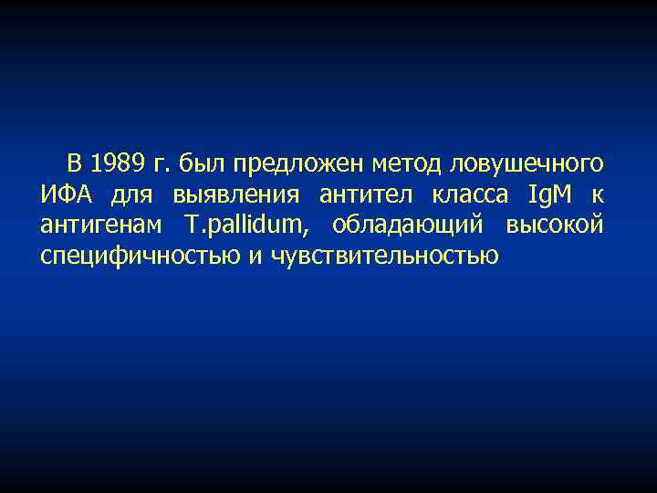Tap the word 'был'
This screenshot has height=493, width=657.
203,164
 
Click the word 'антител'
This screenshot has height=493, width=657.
361,194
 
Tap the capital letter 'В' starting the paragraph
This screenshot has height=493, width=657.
73,164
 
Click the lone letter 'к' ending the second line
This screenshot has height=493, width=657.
597,195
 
